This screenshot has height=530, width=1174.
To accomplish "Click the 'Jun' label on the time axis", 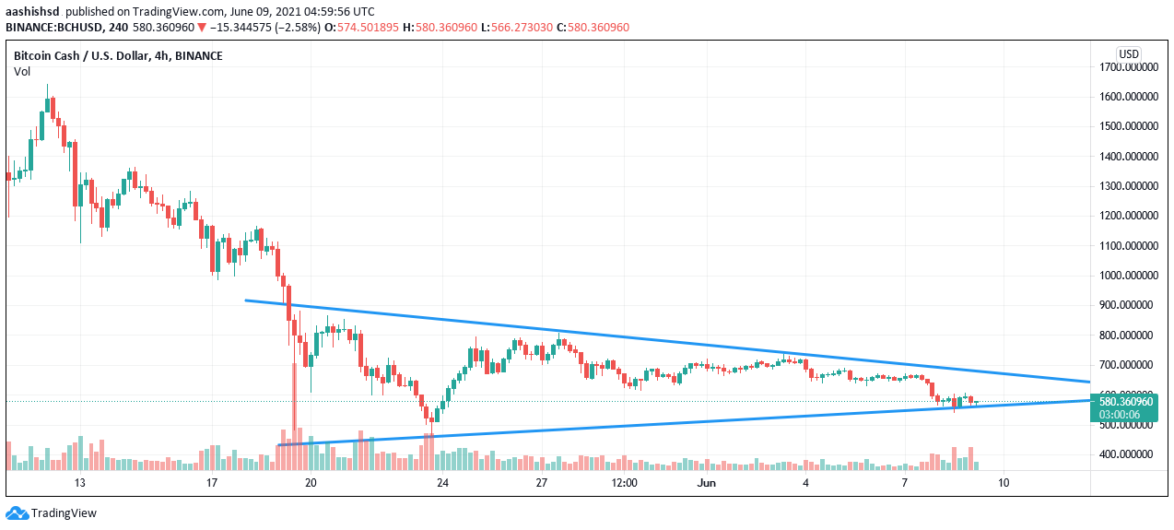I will pyautogui.click(x=707, y=483).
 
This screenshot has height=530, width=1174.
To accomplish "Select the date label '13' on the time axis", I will pyautogui.click(x=80, y=483).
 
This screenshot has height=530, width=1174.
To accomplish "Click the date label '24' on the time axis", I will pyautogui.click(x=442, y=483).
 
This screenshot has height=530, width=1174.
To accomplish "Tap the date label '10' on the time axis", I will pyautogui.click(x=1003, y=483).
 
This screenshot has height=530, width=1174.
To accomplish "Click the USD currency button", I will pyautogui.click(x=1129, y=53).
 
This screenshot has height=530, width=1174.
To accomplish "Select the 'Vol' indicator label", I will pyautogui.click(x=22, y=71).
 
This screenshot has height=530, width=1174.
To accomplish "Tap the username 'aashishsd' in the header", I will pyautogui.click(x=34, y=11).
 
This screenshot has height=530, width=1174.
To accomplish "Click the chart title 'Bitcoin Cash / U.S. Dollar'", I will pyautogui.click(x=81, y=56).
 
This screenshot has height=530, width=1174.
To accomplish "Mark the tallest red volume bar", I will pyautogui.click(x=294, y=415).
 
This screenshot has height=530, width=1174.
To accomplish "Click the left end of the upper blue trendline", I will pyautogui.click(x=245, y=300).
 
